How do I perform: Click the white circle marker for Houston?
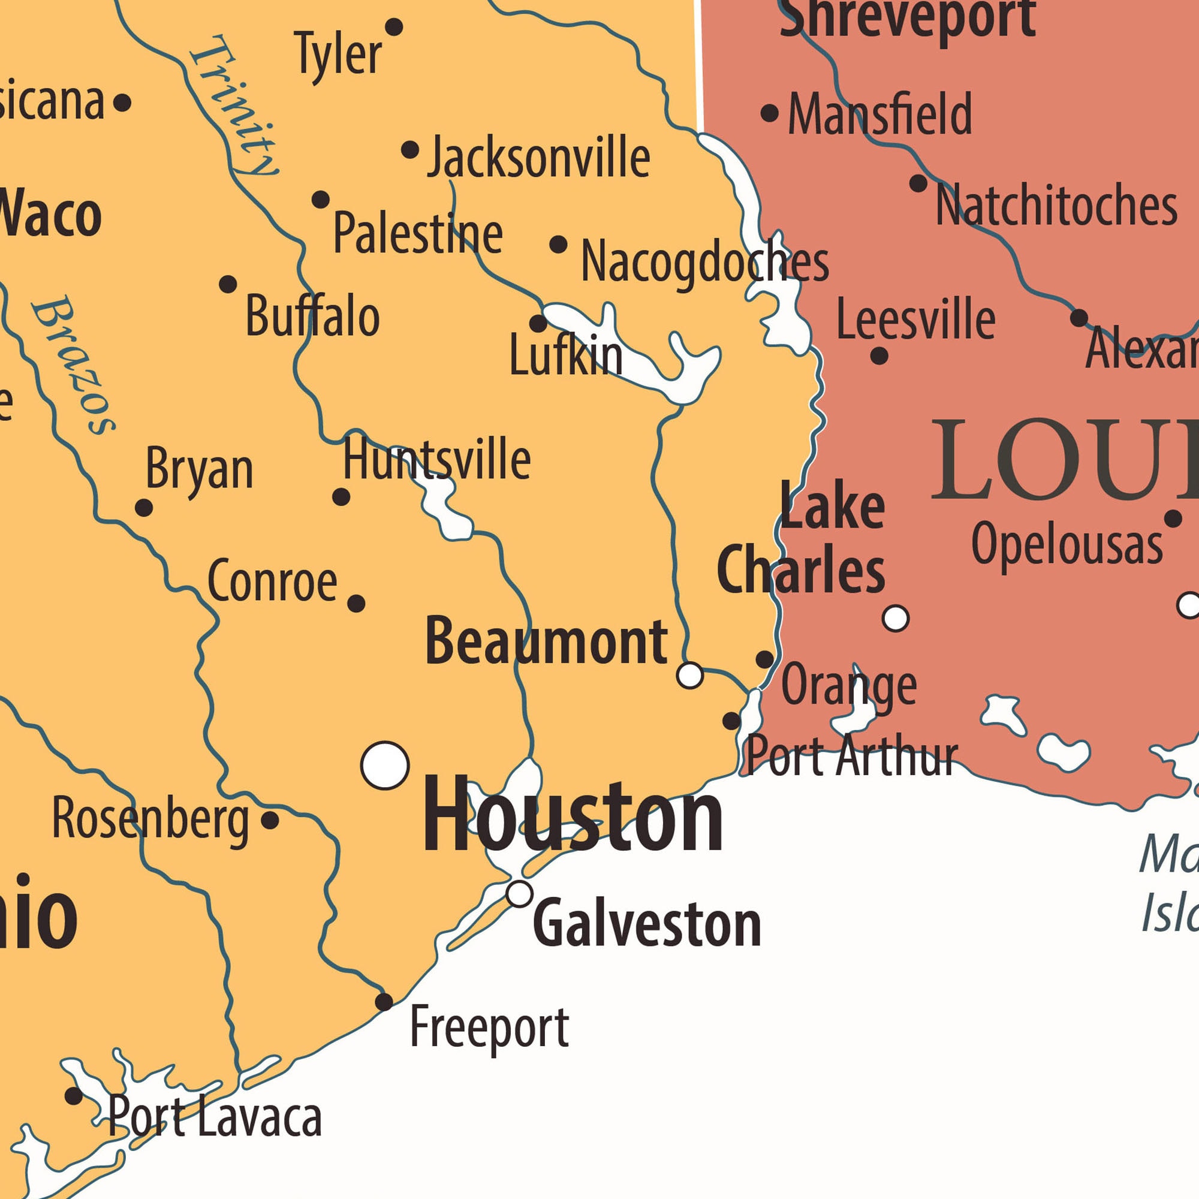tap(385, 765)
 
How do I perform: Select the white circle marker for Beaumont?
tap(689, 674)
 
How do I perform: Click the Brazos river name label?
tap(73, 366)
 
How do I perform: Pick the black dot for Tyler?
tap(394, 27)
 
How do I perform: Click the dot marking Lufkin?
tap(538, 323)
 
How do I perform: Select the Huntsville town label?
tap(437, 459)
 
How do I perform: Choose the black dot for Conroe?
tap(356, 603)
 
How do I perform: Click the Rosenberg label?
tap(150, 819)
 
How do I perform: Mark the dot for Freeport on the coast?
tap(384, 1002)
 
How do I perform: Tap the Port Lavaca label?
tap(215, 1117)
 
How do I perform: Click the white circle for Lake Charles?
tap(895, 618)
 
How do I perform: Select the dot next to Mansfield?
tap(770, 113)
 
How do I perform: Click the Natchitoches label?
tap(1056, 206)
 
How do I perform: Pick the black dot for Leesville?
tap(879, 356)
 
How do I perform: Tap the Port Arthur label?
tap(851, 756)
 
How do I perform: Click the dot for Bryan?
tap(144, 508)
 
